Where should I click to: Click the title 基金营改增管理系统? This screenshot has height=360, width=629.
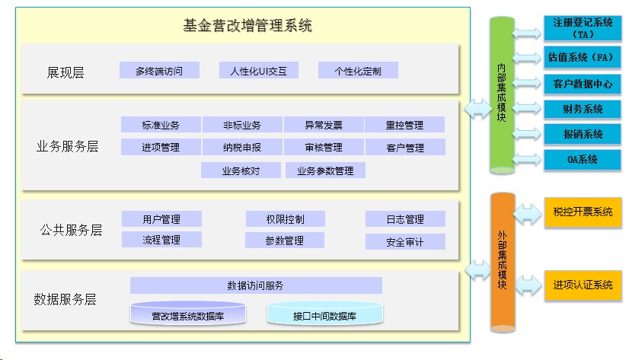(x=247, y=26)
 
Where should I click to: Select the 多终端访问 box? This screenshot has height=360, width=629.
(x=159, y=71)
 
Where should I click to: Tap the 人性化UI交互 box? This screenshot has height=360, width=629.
(x=259, y=71)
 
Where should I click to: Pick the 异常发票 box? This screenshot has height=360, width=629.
(x=324, y=125)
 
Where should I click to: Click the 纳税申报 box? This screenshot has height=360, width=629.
(x=242, y=147)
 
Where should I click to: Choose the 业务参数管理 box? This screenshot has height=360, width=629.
(x=325, y=170)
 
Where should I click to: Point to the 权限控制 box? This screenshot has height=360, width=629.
(x=286, y=219)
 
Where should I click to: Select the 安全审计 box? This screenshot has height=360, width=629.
(x=405, y=242)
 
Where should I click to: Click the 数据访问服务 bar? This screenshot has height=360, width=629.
(x=256, y=285)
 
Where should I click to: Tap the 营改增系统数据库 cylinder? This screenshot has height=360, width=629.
(x=188, y=313)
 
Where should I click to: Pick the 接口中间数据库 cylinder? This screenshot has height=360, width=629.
(x=325, y=313)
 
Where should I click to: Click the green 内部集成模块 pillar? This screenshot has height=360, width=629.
(x=502, y=95)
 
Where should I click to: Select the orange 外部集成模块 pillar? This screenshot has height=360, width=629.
(x=503, y=262)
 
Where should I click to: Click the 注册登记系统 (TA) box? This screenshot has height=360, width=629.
(x=583, y=27)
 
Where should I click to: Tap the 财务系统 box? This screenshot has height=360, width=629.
(x=583, y=109)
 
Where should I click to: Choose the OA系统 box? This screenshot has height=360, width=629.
(x=583, y=159)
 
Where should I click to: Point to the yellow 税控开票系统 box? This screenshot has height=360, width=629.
(x=583, y=212)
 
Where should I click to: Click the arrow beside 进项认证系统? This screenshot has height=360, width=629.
(x=528, y=285)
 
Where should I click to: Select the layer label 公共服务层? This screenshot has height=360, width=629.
(x=71, y=230)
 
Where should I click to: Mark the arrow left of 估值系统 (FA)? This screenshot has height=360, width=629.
(x=527, y=58)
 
